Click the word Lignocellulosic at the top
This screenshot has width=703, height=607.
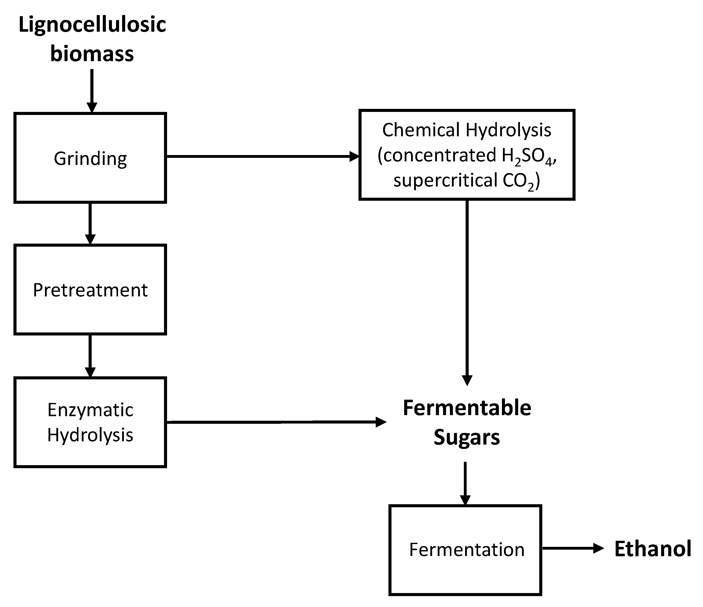click(92, 25)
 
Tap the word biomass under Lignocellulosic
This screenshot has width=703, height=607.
click(92, 54)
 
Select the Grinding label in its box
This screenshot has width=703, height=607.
click(90, 159)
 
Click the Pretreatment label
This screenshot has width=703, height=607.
click(90, 290)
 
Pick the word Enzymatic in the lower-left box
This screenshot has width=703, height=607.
click(90, 410)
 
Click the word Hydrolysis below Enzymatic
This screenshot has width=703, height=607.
click(90, 435)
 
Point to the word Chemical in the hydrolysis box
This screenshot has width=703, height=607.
click(421, 130)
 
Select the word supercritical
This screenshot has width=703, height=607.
click(445, 180)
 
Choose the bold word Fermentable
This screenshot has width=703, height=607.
click(467, 408)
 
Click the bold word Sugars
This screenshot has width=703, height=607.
click(467, 437)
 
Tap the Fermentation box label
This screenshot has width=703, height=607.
click(467, 550)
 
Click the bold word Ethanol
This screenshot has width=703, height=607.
click(652, 549)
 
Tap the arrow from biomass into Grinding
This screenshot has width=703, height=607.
click(92, 90)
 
